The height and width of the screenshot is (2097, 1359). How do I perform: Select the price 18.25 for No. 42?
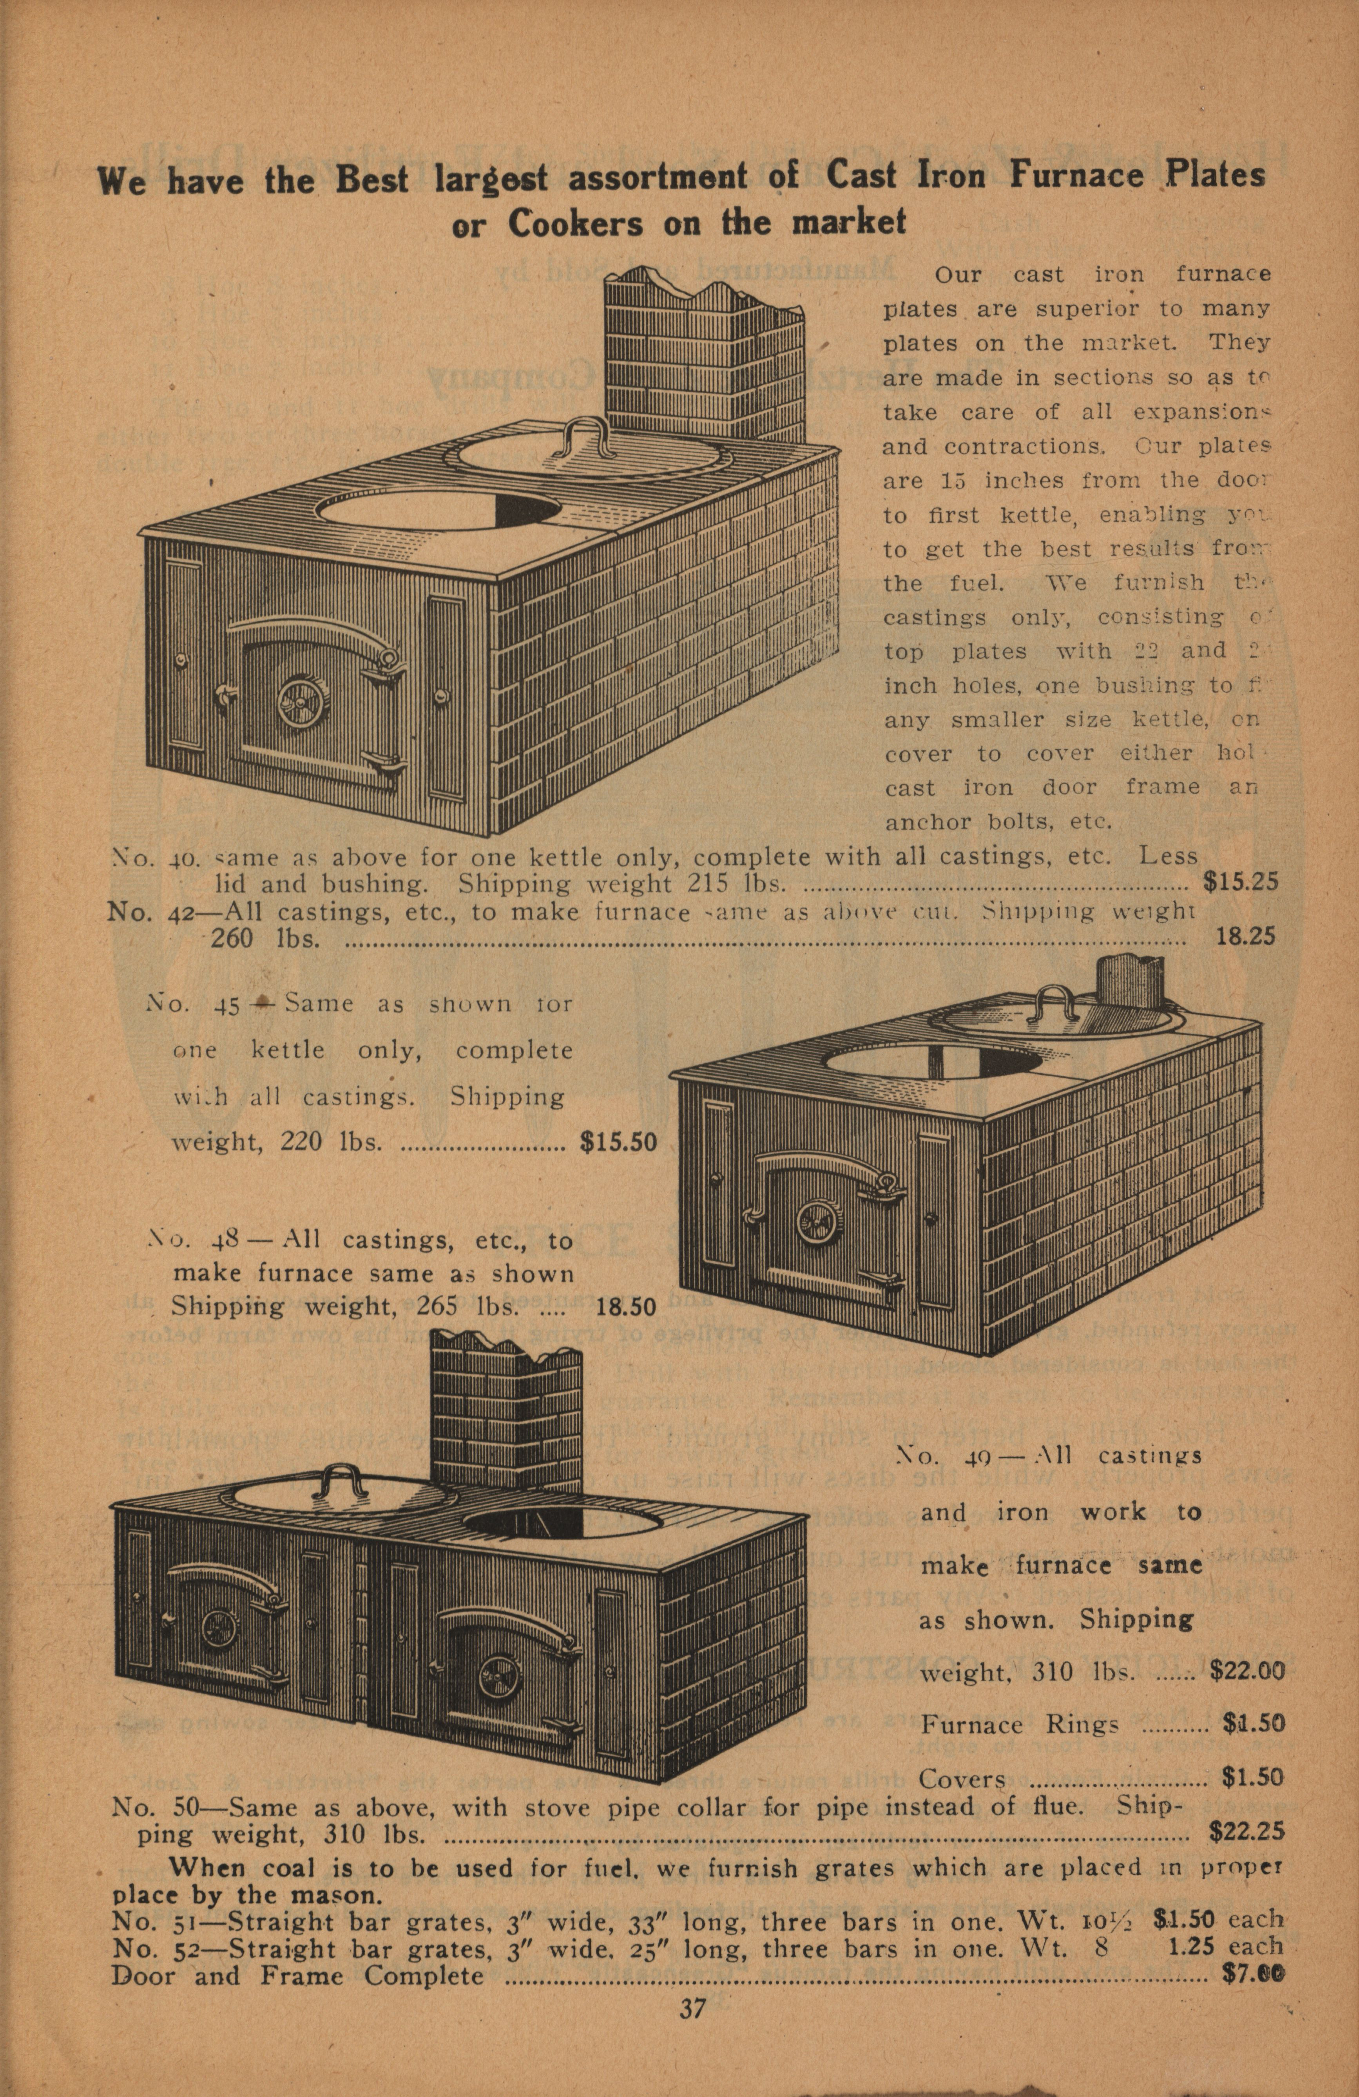1245,936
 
